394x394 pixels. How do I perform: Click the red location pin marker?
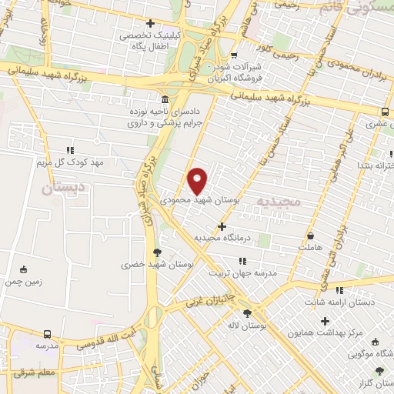(x=198, y=180)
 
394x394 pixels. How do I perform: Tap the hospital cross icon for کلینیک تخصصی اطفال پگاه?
(x=150, y=23)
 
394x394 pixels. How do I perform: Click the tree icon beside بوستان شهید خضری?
(x=158, y=252)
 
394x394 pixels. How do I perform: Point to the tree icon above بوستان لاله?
(x=246, y=313)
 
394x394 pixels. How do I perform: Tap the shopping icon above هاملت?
(x=309, y=236)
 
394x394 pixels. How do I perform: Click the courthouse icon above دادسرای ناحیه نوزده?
(x=166, y=100)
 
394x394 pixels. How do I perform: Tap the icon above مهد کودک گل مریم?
(x=70, y=149)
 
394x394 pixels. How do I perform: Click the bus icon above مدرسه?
(x=48, y=334)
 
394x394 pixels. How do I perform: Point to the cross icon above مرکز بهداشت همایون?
(x=325, y=320)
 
